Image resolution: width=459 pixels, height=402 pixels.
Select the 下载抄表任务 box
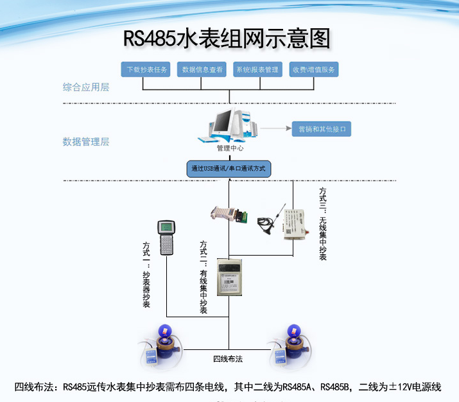pyautogui.click(x=147, y=69)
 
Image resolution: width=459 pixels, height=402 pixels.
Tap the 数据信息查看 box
pyautogui.click(x=202, y=69)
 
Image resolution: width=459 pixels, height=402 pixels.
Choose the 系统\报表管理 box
pyautogui.click(x=257, y=69)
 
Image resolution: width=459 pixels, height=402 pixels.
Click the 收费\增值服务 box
pyautogui.click(x=315, y=69)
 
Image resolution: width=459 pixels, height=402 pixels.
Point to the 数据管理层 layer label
pyautogui.click(x=86, y=141)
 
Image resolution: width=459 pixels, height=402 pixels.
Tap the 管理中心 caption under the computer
pyautogui.click(x=229, y=149)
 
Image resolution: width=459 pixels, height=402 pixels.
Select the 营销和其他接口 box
pyautogui.click(x=322, y=128)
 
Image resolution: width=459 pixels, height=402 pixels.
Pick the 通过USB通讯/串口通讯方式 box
pyautogui.click(x=229, y=168)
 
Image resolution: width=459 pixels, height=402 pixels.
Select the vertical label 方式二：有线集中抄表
pyautogui.click(x=204, y=277)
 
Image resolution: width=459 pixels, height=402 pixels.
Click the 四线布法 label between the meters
pyautogui.click(x=228, y=358)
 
